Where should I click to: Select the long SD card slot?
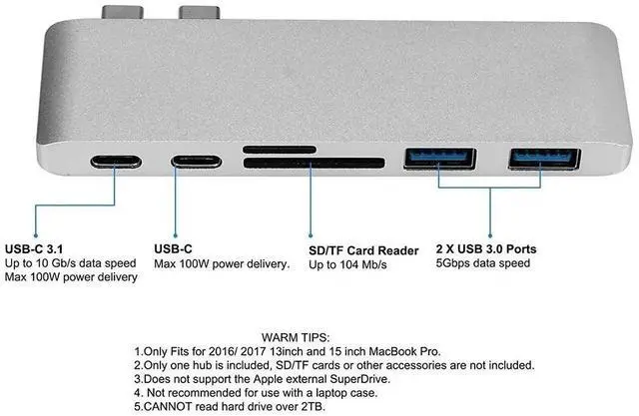313,163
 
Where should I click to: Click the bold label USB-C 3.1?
35,248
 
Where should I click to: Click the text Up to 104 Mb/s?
347,264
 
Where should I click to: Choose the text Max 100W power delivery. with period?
222,264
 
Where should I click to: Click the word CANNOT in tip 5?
169,407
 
